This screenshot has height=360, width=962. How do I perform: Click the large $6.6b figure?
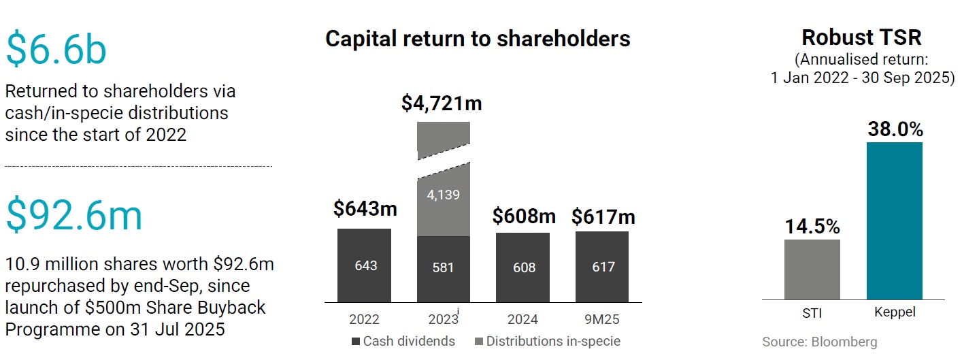pyautogui.click(x=56, y=50)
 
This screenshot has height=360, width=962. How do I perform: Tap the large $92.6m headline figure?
pyautogui.click(x=75, y=215)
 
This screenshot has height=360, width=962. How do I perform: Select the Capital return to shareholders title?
pyautogui.click(x=478, y=38)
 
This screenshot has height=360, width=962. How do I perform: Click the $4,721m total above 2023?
pyautogui.click(x=442, y=103)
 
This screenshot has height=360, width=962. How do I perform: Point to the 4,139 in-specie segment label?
pyautogui.click(x=443, y=195)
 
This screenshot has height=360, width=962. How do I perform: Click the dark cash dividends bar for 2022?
pyautogui.click(x=364, y=265)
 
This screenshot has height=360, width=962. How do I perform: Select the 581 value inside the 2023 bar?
pyautogui.click(x=443, y=267)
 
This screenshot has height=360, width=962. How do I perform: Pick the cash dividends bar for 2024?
pyautogui.click(x=523, y=267)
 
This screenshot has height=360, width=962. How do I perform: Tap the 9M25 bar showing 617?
pyautogui.click(x=602, y=267)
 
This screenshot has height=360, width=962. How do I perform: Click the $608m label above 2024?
pyautogui.click(x=523, y=216)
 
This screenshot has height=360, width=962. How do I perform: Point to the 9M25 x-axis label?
pyautogui.click(x=602, y=319)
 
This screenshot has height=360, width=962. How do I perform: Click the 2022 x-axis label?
pyautogui.click(x=364, y=319)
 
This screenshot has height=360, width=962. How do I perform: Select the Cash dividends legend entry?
pyautogui.click(x=403, y=341)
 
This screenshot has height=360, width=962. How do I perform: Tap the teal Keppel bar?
pyautogui.click(x=894, y=220)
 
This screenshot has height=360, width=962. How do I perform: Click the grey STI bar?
pyautogui.click(x=812, y=269)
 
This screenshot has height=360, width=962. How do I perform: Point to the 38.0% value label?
pyautogui.click(x=895, y=129)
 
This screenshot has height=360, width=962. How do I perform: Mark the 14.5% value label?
pyautogui.click(x=812, y=227)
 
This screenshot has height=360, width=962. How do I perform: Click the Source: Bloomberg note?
pyautogui.click(x=819, y=342)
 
